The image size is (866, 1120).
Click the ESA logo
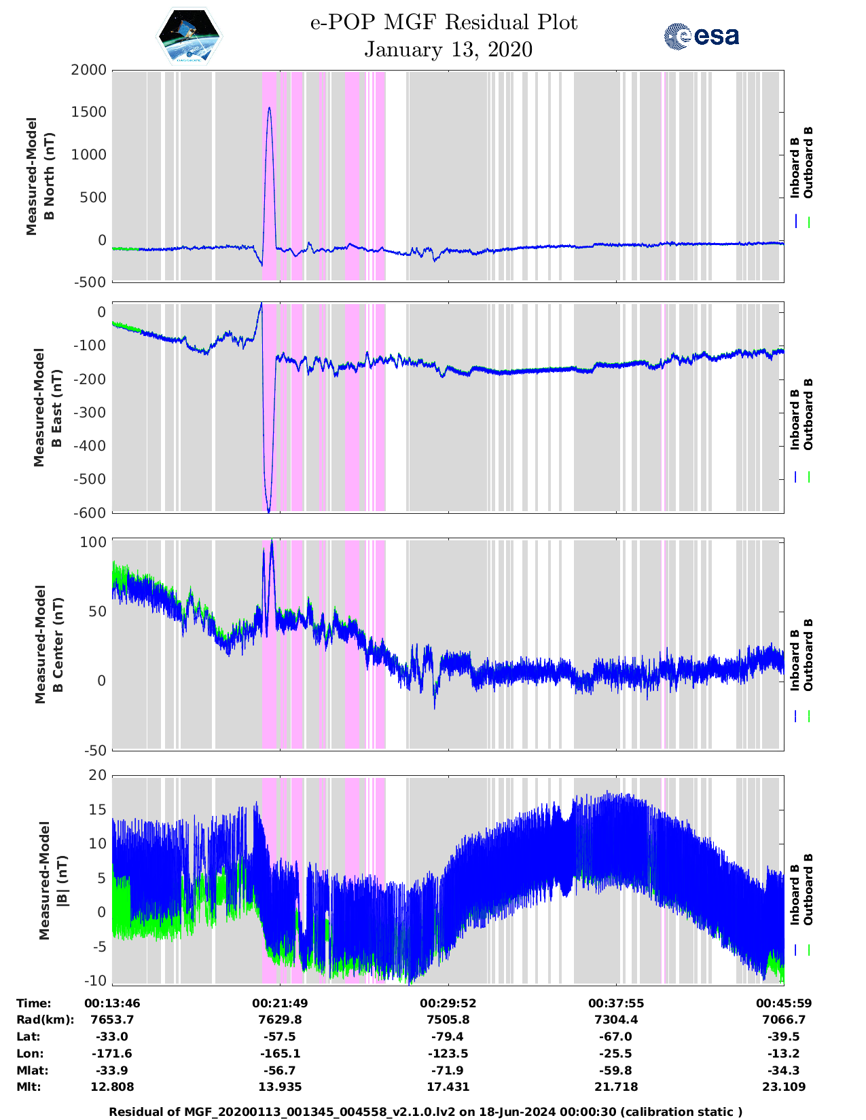point(701,37)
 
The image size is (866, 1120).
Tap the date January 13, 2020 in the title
point(448,50)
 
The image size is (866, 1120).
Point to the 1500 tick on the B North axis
point(89,112)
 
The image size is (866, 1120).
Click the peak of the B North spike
point(270,108)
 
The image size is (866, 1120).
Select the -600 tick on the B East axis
point(92,512)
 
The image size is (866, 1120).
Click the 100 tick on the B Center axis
point(94,542)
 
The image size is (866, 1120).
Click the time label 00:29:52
point(448,1003)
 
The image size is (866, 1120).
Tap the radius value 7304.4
point(615,1020)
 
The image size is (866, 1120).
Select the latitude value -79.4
point(448,1037)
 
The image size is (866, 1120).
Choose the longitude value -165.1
point(280,1053)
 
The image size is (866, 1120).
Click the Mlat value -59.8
point(615,1070)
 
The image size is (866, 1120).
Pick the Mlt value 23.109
point(784,1087)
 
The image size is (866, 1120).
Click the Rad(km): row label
point(45,1020)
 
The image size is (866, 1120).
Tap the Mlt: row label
point(29,1087)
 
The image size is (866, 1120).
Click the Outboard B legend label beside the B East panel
point(808,414)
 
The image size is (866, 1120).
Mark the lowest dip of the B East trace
point(269,511)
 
